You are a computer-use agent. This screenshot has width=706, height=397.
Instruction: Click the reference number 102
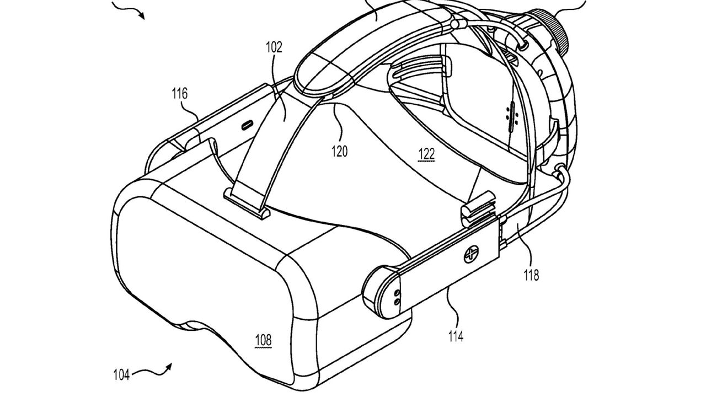point(274,47)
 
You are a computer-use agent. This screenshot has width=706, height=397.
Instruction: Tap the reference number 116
point(180,94)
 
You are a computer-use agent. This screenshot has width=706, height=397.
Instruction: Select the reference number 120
point(339,151)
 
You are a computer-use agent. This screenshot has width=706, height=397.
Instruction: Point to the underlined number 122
point(426,154)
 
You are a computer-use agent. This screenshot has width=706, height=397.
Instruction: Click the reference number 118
point(531,275)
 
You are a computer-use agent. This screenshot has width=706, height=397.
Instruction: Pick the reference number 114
point(456,336)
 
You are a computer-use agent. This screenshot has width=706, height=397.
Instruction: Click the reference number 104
point(121,375)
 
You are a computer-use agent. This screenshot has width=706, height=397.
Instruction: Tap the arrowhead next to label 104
point(169,367)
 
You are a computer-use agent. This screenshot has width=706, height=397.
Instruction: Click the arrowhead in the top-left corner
point(142,15)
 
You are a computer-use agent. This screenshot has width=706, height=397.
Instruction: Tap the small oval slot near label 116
point(247,125)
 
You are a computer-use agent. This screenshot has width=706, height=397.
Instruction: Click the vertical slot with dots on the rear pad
point(511,117)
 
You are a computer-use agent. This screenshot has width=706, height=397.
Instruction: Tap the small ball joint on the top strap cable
point(454,24)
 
